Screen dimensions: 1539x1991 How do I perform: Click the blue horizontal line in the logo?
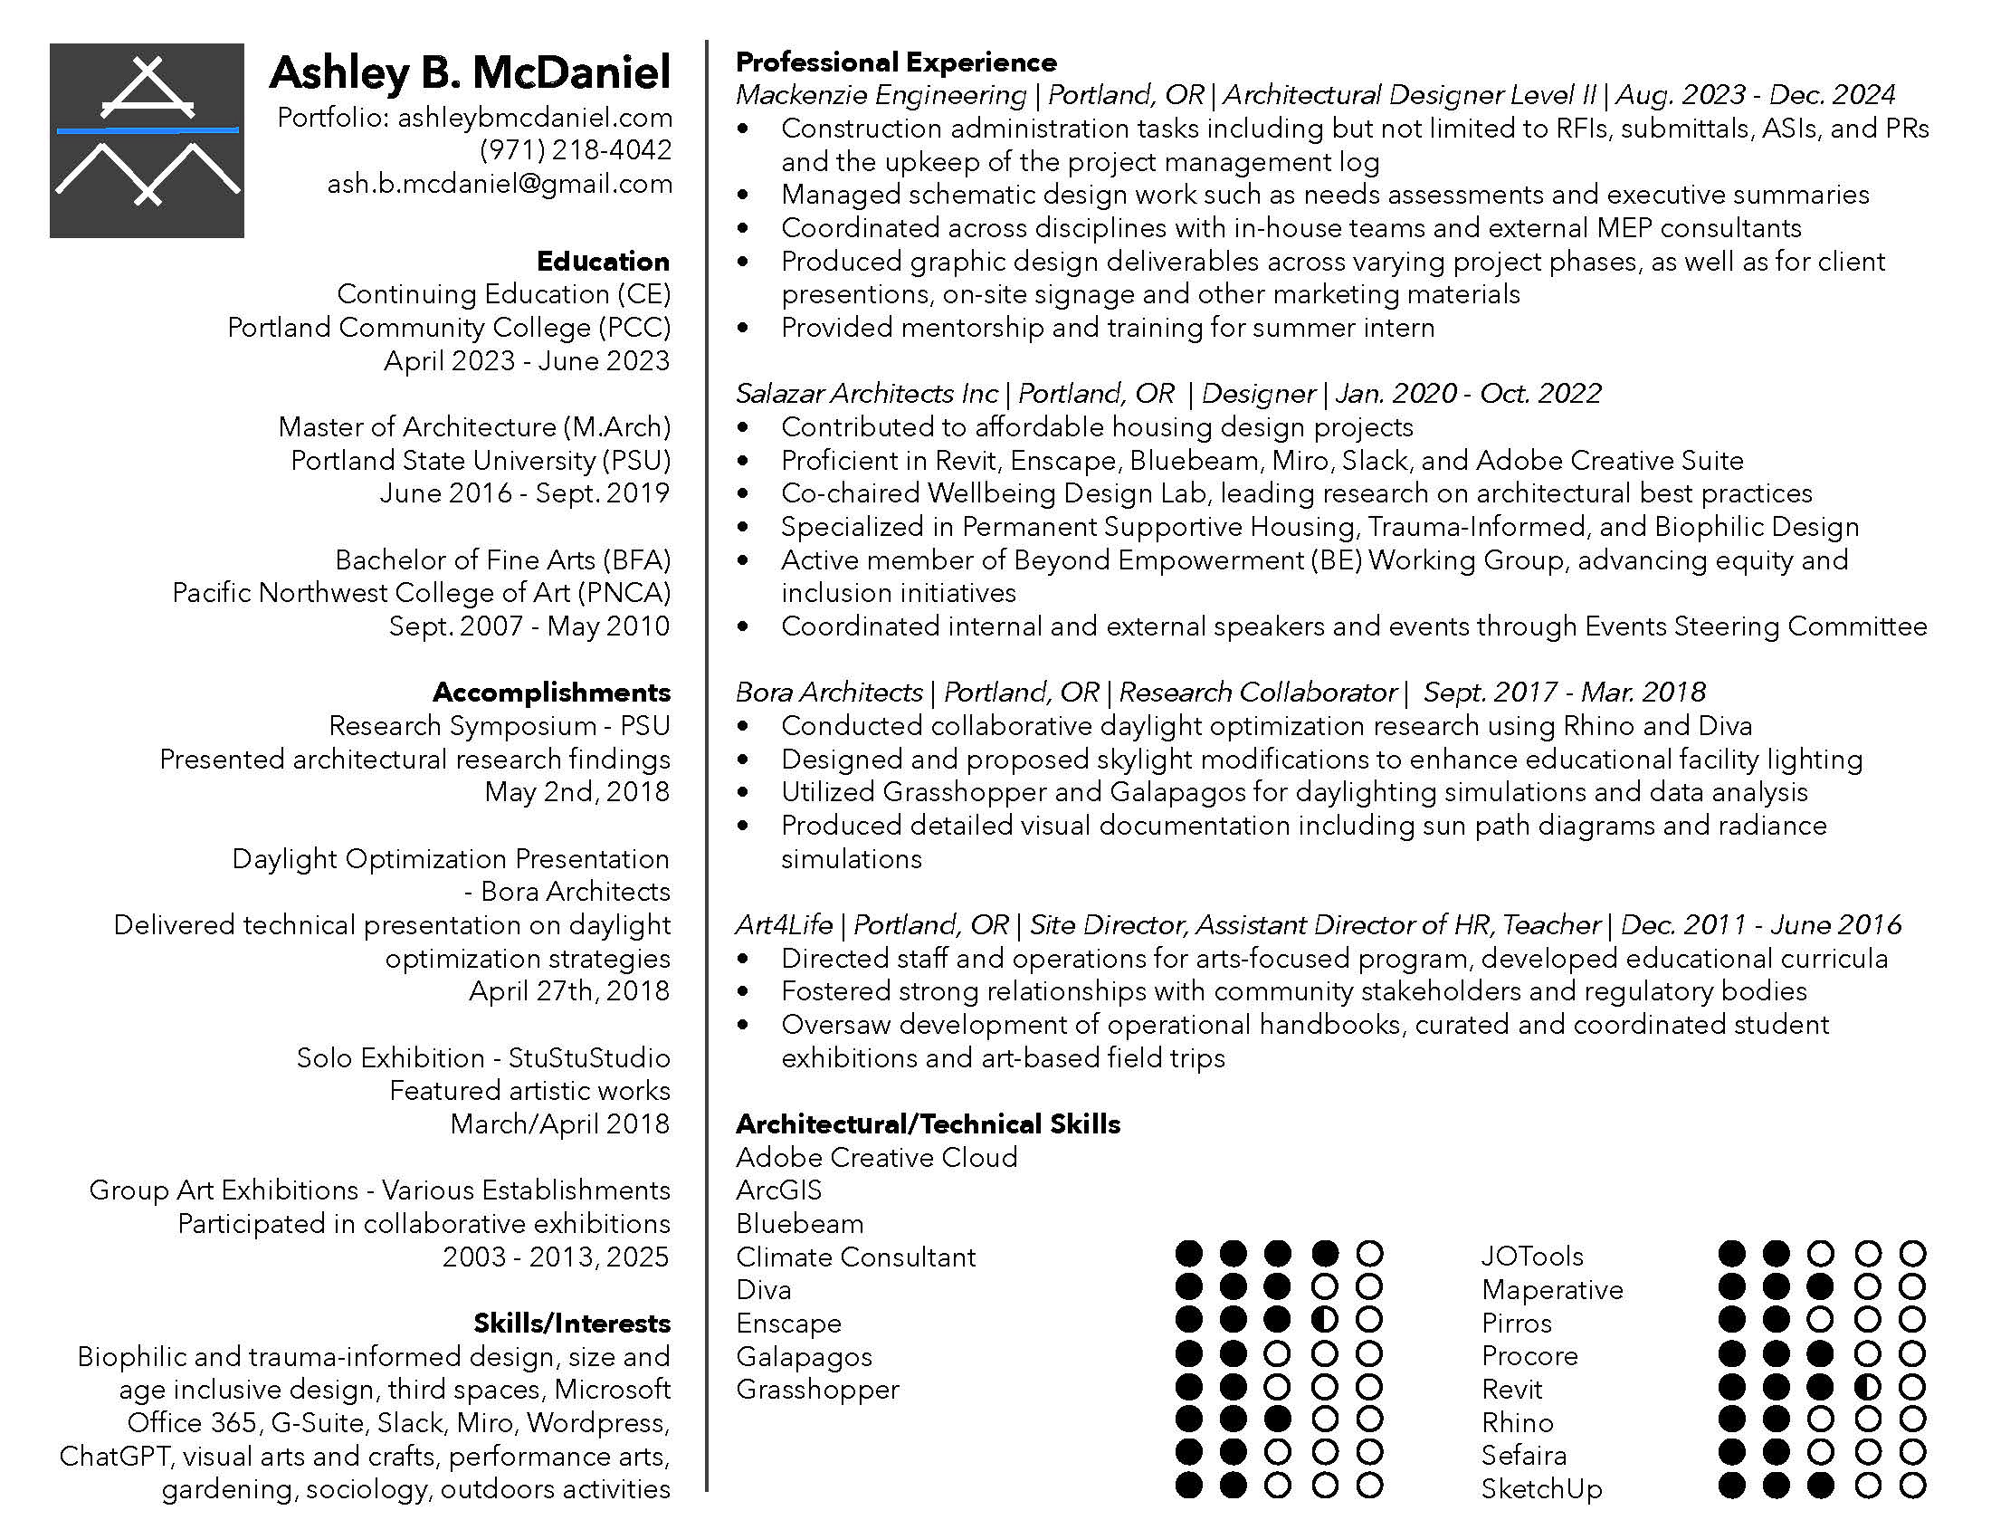coord(147,130)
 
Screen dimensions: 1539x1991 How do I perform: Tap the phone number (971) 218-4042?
coord(576,149)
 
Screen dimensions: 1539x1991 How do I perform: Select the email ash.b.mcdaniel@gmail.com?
coord(500,183)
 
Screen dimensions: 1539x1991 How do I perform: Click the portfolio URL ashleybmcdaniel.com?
coord(535,117)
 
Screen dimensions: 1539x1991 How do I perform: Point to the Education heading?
coord(603,262)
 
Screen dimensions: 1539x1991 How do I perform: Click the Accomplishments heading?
coord(551,692)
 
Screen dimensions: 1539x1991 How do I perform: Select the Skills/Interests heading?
coord(572,1323)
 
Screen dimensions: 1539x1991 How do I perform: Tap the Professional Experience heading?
coord(896,62)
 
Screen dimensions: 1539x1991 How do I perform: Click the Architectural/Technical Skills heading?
coord(928,1123)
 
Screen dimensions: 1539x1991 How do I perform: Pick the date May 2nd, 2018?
coord(577,791)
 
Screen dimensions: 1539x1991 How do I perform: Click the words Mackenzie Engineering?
coord(881,95)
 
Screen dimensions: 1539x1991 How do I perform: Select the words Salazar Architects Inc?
coord(866,393)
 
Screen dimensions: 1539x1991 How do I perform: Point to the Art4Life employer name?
coord(784,924)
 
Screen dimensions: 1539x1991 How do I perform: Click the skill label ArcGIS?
coord(778,1190)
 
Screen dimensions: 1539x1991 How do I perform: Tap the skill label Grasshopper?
coord(818,1389)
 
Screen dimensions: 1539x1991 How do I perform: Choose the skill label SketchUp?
coord(1541,1488)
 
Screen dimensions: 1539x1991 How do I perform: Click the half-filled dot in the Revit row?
coord(1867,1388)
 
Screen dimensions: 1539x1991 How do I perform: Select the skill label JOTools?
coord(1531,1256)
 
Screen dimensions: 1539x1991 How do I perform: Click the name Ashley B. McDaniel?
coord(471,72)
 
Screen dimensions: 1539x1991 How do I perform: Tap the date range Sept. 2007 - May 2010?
coord(529,626)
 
